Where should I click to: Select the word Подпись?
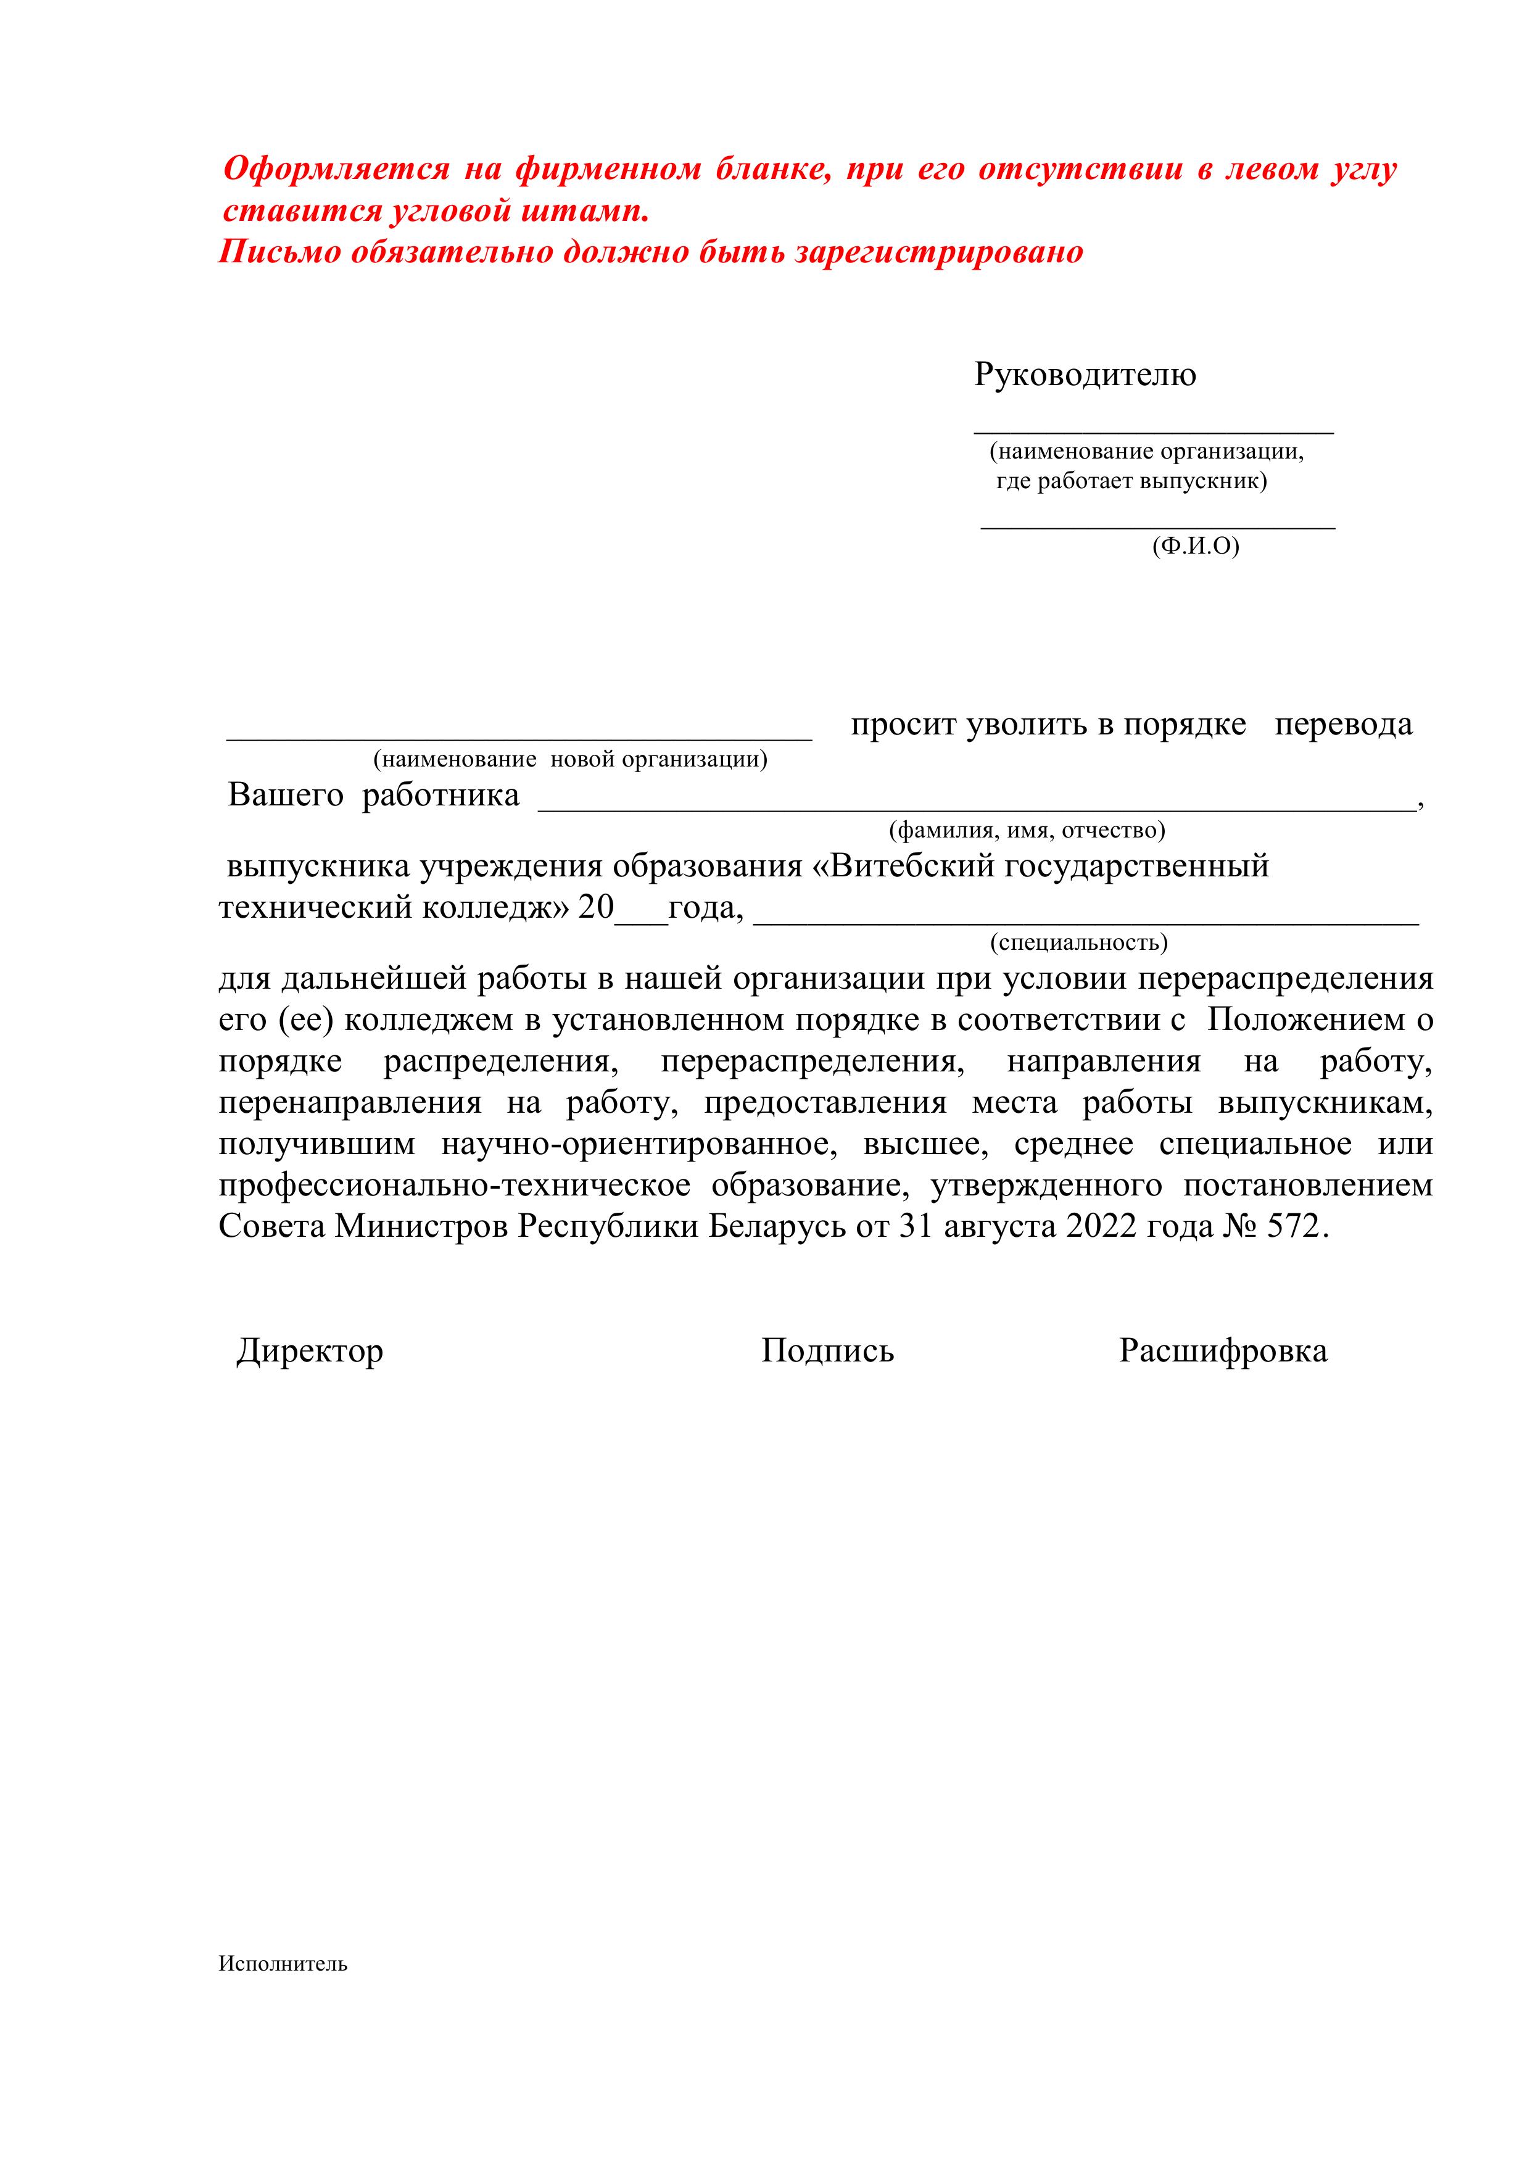[x=827, y=1351]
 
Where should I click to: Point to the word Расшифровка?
[x=1223, y=1351]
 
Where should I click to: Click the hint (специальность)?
[x=1078, y=942]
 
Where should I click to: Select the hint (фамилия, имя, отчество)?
[x=1027, y=830]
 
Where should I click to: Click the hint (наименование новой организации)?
[x=569, y=759]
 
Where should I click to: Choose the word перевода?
[x=1342, y=725]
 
